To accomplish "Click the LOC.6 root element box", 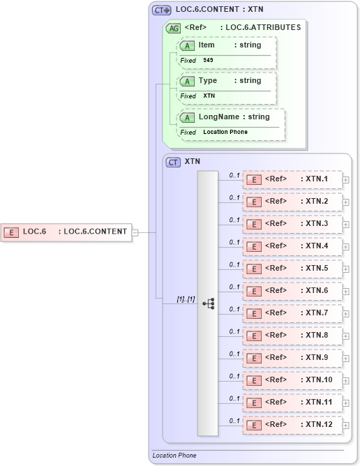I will (x=67, y=232).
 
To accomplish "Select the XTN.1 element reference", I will (x=292, y=179).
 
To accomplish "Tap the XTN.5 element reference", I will (x=292, y=269).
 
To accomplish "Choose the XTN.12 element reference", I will (x=292, y=425).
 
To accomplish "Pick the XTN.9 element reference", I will (x=292, y=358).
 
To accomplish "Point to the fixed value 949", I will (x=209, y=61).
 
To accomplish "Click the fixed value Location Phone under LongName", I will (x=225, y=132).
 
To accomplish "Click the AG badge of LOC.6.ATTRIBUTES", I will (x=172, y=28).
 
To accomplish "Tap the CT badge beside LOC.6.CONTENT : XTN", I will (x=162, y=10).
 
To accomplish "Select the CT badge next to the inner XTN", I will (x=174, y=162).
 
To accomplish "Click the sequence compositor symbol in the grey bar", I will (x=208, y=303).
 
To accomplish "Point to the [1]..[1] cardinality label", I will (x=186, y=299).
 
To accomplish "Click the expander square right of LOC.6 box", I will (x=135, y=232).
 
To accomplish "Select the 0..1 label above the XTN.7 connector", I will (x=234, y=309).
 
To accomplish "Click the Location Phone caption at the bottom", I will (x=174, y=456).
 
